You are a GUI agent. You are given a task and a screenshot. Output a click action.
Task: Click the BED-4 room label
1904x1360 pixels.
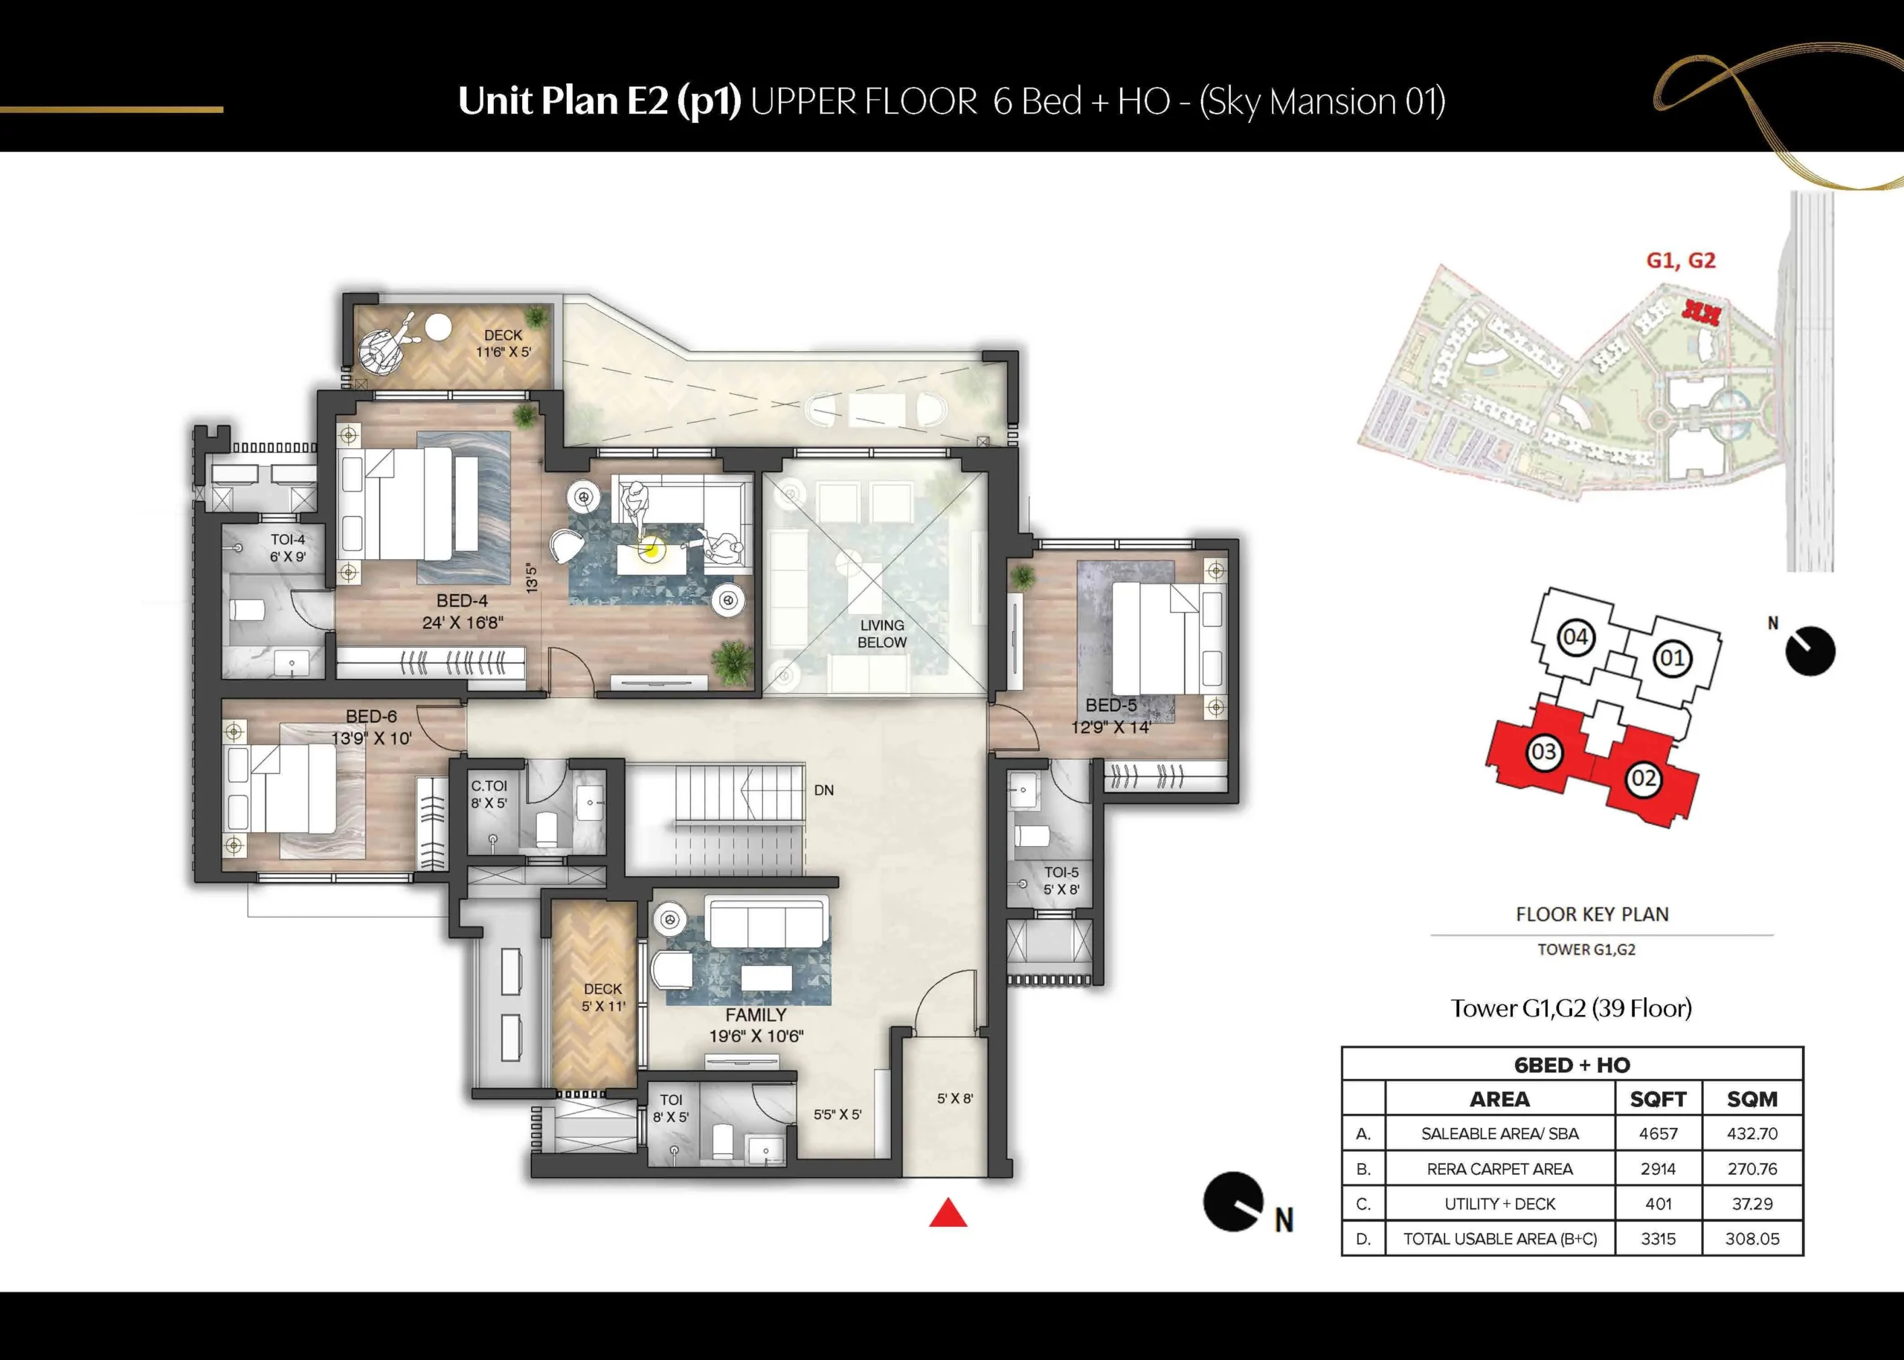pos(462,601)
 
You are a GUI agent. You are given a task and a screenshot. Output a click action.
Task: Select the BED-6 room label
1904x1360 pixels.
pos(371,716)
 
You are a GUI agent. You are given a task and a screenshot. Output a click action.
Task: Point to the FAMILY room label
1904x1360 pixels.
pos(756,1015)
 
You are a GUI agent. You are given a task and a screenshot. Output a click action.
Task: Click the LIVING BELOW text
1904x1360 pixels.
pos(882,634)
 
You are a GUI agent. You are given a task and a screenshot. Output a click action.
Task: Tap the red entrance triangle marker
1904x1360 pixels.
pos(948,1213)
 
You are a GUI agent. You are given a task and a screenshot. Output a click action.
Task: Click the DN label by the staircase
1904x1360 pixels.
pos(823,790)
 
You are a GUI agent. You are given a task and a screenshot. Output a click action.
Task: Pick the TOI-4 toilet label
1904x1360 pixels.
pos(287,540)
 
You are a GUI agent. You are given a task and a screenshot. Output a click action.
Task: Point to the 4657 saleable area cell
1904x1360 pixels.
pos(1659,1133)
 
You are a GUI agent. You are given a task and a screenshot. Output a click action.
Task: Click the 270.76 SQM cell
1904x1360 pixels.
pos(1752,1168)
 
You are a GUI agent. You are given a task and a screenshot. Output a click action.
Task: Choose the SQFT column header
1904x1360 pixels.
pos(1659,1099)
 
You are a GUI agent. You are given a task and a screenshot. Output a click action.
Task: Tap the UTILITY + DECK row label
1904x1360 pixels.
pos(1499,1203)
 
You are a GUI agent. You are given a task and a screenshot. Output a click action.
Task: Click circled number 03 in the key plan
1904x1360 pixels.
pos(1543,751)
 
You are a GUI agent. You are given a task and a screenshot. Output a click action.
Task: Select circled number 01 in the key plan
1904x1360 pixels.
pos(1672,657)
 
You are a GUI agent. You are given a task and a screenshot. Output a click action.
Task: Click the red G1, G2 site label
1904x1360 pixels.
pos(1680,260)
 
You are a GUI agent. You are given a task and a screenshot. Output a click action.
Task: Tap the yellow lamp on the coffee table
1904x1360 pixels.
pos(651,550)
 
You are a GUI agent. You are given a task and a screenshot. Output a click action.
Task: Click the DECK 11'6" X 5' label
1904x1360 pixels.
pos(504,344)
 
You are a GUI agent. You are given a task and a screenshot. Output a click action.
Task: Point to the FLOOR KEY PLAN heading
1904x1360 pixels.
pos(1592,915)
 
